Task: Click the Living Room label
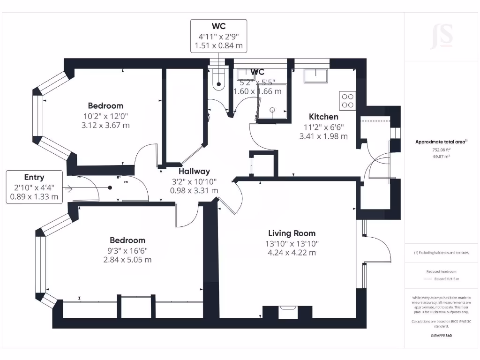click(292, 233)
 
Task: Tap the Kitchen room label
click(323, 117)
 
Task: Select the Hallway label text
click(194, 171)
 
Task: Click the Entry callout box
click(34, 187)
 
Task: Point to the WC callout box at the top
click(218, 36)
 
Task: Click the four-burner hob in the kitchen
click(348, 100)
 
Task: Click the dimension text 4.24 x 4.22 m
click(292, 253)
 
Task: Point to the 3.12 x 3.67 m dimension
click(105, 125)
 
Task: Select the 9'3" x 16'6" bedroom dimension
click(127, 251)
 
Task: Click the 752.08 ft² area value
click(441, 150)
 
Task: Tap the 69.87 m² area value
click(441, 157)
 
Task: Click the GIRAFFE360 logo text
click(441, 336)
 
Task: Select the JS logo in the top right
click(441, 36)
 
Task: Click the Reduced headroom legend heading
click(441, 272)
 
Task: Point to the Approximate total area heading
click(441, 142)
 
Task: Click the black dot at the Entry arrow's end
click(110, 187)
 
